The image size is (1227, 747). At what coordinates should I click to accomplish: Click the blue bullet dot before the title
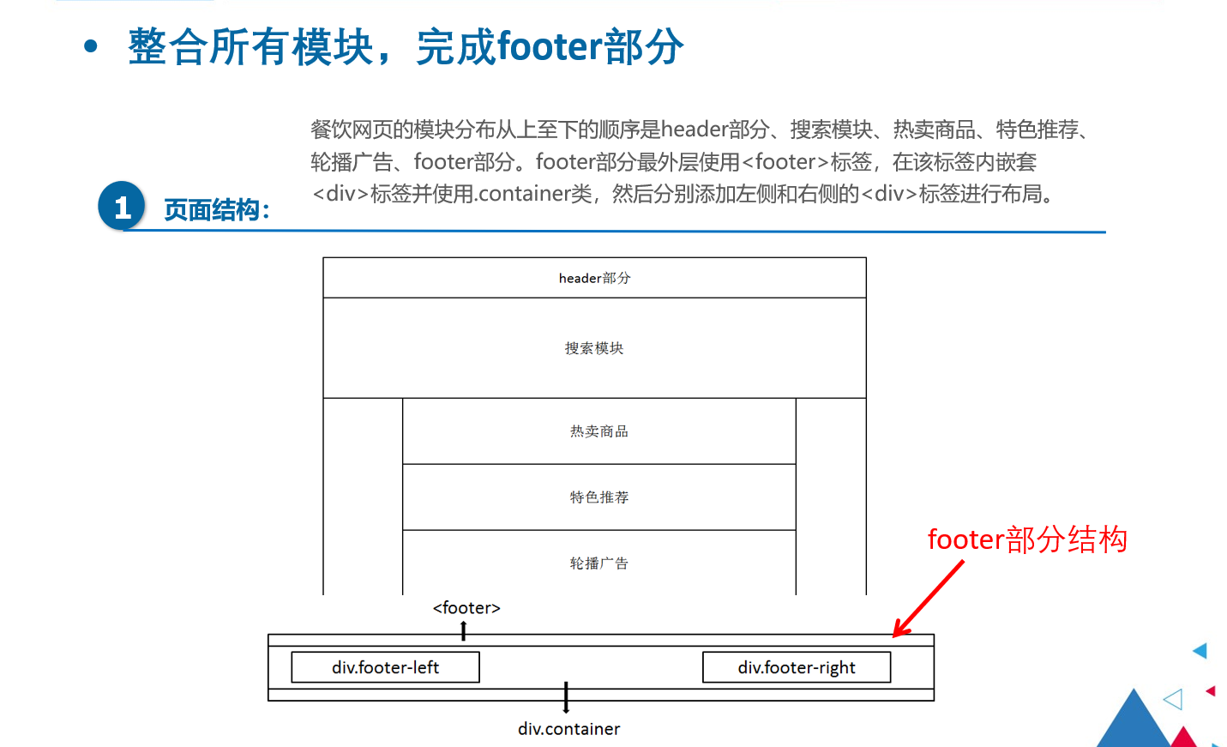(91, 46)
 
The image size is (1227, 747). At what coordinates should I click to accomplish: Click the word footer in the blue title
(550, 46)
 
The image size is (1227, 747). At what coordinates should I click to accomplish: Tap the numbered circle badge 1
(122, 206)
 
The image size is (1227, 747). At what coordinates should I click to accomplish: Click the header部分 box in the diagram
(594, 278)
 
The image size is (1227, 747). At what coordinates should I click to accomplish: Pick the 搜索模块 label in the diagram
(594, 348)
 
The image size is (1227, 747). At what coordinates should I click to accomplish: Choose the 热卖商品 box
(599, 431)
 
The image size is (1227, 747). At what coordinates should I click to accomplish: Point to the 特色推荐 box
(599, 497)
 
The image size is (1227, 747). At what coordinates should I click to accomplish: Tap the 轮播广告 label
(599, 563)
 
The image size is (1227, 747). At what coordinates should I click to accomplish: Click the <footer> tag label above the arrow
(466, 608)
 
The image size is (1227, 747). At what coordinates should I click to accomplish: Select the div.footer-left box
(385, 667)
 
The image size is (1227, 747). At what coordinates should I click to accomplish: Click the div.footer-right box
(797, 667)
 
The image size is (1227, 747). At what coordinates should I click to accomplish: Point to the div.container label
(568, 729)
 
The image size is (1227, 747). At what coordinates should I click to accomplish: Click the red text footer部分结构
(1027, 539)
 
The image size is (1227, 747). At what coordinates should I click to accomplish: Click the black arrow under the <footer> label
(464, 631)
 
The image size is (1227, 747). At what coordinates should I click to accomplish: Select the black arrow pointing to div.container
(566, 697)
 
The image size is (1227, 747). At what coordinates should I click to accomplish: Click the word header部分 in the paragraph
(714, 130)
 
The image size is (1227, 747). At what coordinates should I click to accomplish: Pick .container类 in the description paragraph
(534, 194)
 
